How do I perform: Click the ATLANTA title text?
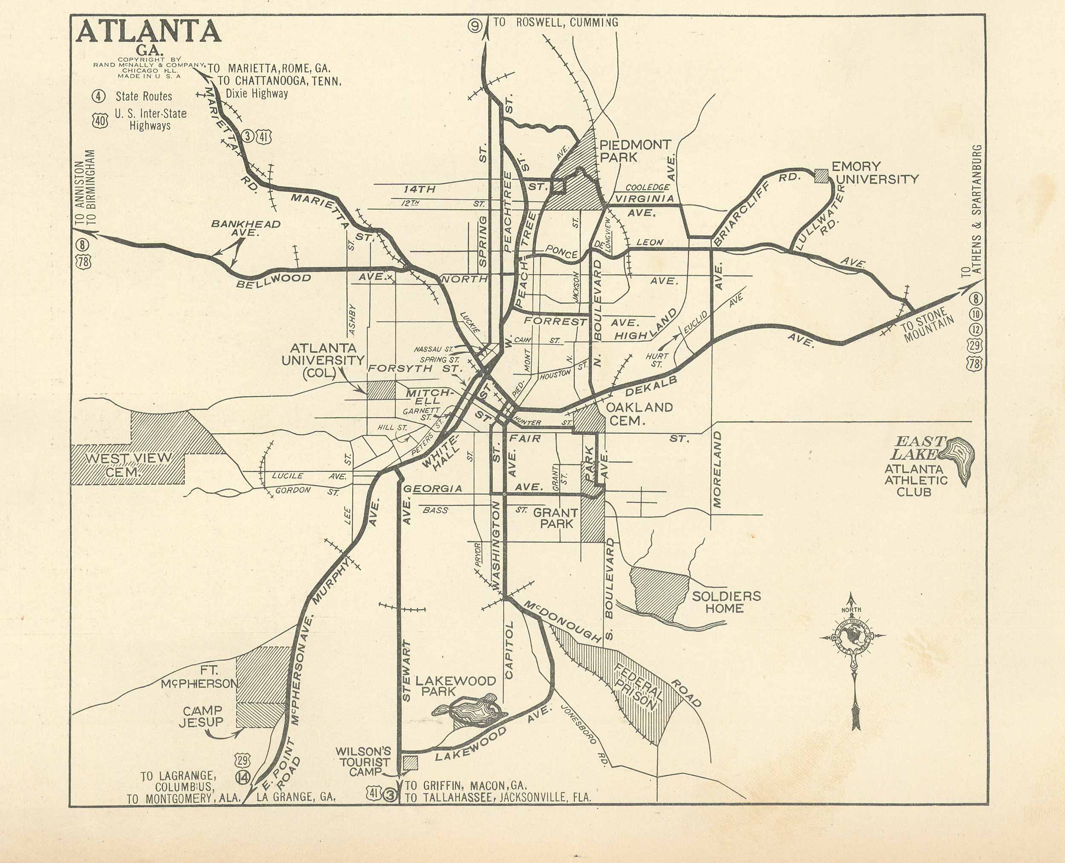(148, 32)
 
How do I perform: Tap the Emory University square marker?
(821, 176)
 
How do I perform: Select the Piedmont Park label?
(635, 151)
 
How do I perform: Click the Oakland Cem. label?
(639, 413)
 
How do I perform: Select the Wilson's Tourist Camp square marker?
(410, 763)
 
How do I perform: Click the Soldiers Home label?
(726, 602)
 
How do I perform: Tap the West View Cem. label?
(128, 464)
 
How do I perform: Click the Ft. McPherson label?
(200, 677)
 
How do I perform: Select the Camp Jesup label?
(201, 717)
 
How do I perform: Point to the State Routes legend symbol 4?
(99, 96)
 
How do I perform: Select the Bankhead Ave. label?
(245, 228)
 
